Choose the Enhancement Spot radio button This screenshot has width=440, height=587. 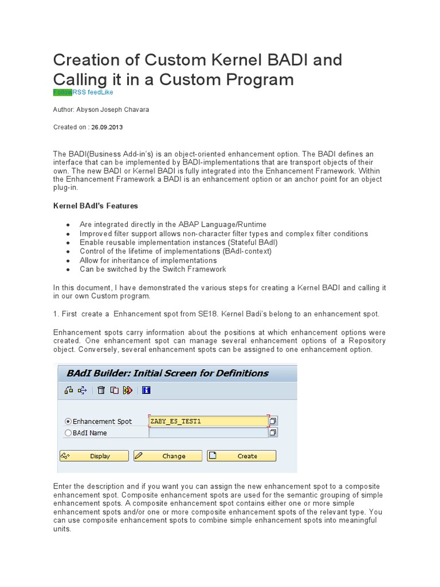pos(69,421)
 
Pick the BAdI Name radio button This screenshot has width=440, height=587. pos(69,433)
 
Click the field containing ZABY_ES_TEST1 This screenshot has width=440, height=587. pos(208,421)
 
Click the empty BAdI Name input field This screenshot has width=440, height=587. pos(208,433)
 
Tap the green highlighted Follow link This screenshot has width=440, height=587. pos(62,92)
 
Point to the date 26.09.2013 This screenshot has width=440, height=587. pos(107,127)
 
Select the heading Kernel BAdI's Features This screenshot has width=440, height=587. pos(96,206)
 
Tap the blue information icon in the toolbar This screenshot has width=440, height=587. pos(146,390)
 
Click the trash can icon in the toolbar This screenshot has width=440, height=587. pos(101,390)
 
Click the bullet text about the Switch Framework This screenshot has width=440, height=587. pos(153,269)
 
